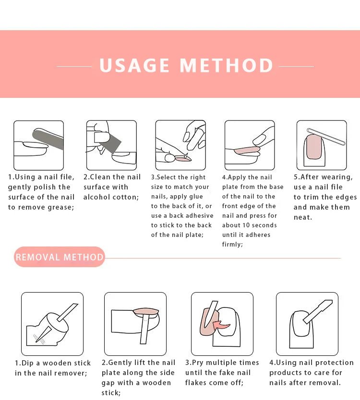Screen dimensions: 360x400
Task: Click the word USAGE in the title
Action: pyautogui.click(x=134, y=65)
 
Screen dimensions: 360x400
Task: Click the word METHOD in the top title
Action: pyautogui.click(x=227, y=65)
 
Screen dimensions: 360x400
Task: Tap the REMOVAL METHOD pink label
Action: pyautogui.click(x=59, y=257)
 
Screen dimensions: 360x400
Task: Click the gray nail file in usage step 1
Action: pyautogui.click(x=48, y=139)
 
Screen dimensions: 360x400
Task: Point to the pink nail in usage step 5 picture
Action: pyautogui.click(x=314, y=147)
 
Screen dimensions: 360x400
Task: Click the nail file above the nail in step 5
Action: pyautogui.click(x=326, y=137)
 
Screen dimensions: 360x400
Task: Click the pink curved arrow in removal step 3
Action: pyautogui.click(x=221, y=325)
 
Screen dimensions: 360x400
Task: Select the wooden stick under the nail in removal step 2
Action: pyautogui.click(x=144, y=329)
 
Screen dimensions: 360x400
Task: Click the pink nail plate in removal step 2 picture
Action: pyautogui.click(x=146, y=312)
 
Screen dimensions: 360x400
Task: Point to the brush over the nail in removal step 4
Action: pyautogui.click(x=318, y=311)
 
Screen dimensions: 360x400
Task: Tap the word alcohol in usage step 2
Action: pyautogui.click(x=96, y=197)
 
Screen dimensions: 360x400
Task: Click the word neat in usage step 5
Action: pyautogui.click(x=302, y=217)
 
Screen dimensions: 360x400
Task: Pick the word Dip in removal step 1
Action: pyautogui.click(x=27, y=363)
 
